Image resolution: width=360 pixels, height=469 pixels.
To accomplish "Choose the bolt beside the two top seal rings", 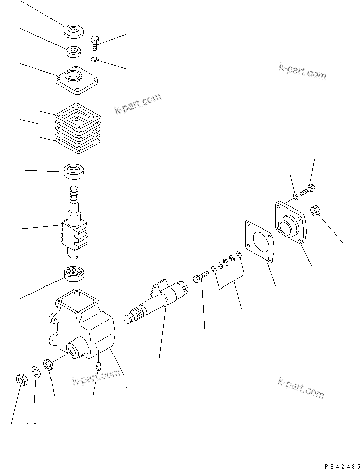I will point(95,42).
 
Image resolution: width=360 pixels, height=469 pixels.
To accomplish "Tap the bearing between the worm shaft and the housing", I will point(74,274).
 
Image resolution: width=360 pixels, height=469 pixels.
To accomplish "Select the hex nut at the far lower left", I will point(21,380).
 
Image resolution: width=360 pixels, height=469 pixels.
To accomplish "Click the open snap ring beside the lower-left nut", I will point(36,373).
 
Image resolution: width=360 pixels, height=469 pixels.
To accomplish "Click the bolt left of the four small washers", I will point(200,277).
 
